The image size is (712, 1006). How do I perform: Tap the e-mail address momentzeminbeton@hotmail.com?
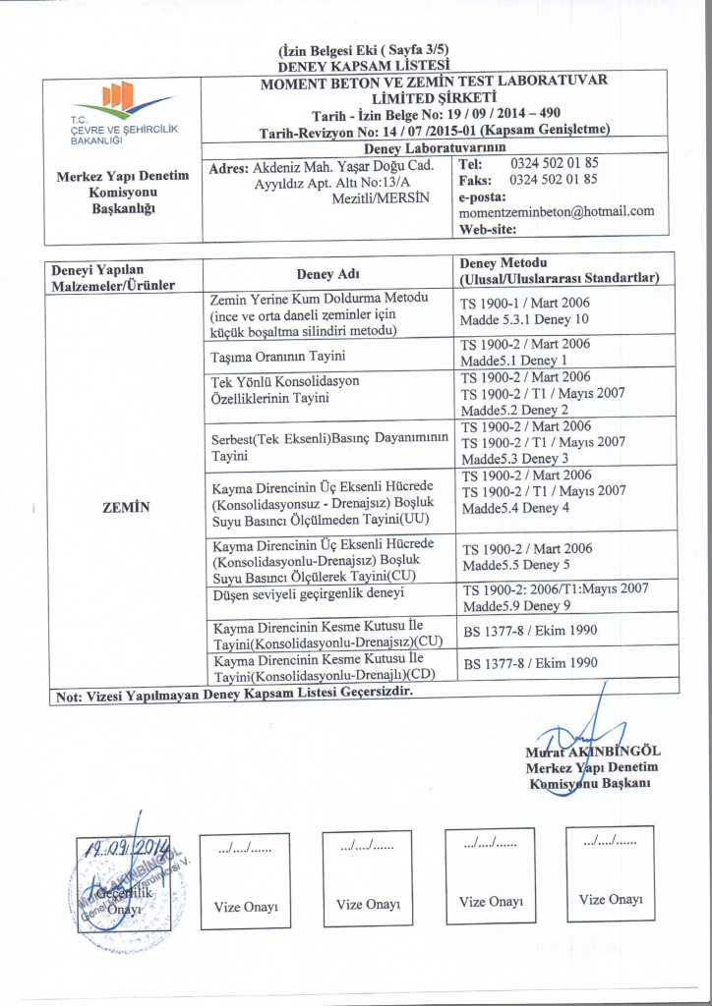[557, 211]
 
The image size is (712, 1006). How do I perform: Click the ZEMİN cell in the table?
[125, 507]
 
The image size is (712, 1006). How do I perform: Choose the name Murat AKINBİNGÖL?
[592, 753]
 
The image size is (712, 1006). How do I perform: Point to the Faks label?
[476, 180]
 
